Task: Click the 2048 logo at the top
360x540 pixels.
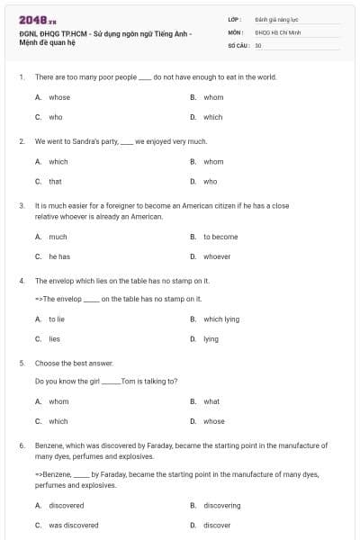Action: pos(31,19)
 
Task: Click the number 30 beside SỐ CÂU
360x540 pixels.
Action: pos(258,45)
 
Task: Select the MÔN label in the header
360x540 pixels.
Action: pos(236,31)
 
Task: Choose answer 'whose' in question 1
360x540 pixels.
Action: pos(59,97)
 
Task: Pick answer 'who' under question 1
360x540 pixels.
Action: pos(56,117)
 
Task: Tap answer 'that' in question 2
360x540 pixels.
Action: pos(56,181)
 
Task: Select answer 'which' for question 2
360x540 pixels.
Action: pos(58,162)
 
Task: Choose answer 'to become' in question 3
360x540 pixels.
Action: pos(220,237)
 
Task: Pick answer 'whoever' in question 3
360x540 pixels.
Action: pos(217,256)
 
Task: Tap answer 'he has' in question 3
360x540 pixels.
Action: pos(59,256)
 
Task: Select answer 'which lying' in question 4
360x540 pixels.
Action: pos(221,319)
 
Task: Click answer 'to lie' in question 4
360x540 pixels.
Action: pos(57,319)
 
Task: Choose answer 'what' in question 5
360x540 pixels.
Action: pos(211,401)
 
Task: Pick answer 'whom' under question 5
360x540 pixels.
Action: pos(58,401)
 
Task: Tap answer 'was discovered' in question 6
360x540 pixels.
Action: pos(74,525)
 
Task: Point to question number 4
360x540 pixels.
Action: pos(21,281)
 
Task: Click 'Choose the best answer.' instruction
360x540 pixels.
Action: pos(74,363)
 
